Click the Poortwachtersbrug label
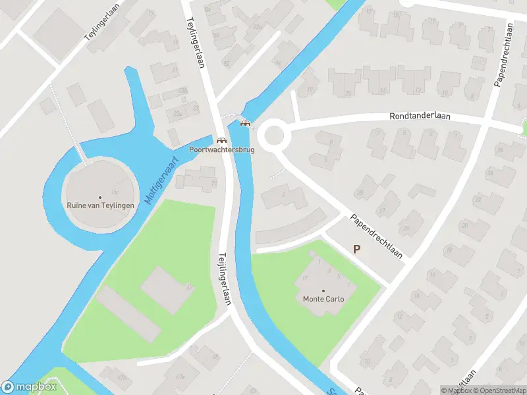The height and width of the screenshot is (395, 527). point(221,149)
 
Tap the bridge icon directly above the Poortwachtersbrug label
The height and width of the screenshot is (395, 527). point(221,140)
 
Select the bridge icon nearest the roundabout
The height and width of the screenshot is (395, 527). point(246,122)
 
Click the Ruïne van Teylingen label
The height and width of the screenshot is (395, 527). point(101,205)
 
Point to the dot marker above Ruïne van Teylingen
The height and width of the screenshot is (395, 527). point(101,197)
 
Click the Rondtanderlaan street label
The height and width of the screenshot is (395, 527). point(420,116)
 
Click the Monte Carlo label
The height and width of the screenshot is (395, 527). point(323,299)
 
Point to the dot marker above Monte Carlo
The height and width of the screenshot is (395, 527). point(323,290)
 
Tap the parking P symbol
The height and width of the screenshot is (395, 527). point(357,249)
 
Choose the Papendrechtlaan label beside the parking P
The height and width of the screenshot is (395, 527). point(375,235)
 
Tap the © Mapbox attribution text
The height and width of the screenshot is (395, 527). point(457,390)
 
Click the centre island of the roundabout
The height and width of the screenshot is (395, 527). point(271,137)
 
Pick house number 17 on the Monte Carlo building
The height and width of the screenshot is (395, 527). point(305,278)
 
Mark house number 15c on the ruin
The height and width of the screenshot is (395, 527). point(115,192)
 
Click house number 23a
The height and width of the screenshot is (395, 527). point(177,114)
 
